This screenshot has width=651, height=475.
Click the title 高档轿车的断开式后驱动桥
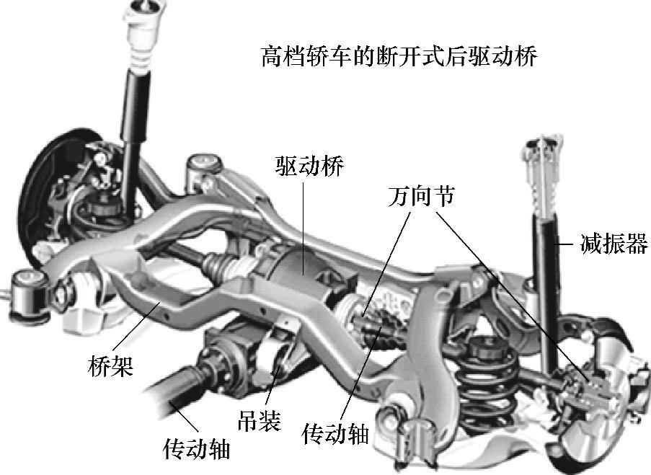[x=399, y=57]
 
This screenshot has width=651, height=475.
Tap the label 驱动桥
[x=310, y=167]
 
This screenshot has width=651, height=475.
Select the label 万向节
[x=422, y=196]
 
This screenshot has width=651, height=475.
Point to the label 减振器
[x=614, y=244]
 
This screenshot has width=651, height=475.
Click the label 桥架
[x=111, y=365]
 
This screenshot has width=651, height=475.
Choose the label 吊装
[x=259, y=421]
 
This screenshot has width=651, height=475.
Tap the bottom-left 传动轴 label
[x=197, y=448]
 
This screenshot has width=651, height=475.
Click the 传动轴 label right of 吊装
[x=335, y=434]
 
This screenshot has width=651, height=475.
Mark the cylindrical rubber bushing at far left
[x=28, y=296]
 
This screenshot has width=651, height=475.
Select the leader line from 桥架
[x=136, y=328]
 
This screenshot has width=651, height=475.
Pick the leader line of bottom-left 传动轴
[x=183, y=417]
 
